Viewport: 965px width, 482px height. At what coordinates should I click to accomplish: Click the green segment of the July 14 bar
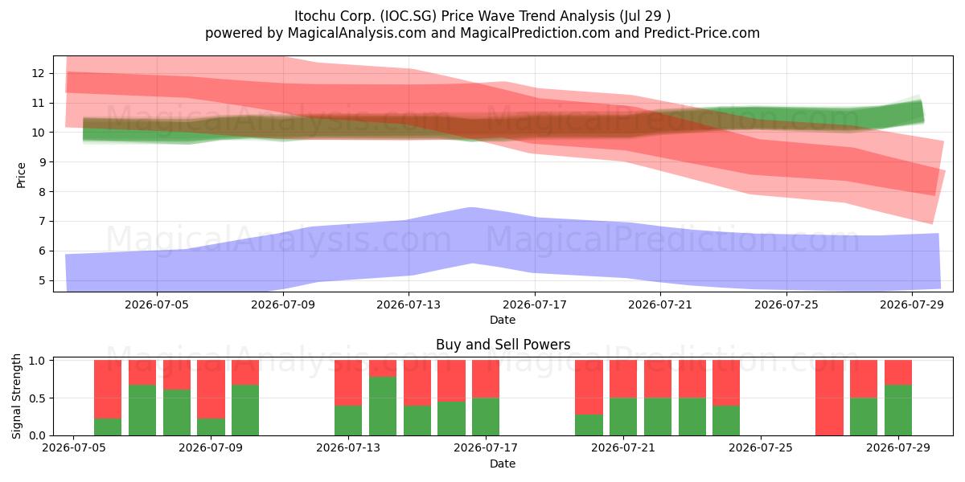click(x=383, y=406)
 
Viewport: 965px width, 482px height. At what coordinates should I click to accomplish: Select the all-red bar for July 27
click(x=829, y=398)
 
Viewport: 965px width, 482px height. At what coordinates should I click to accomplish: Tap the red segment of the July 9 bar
click(x=211, y=389)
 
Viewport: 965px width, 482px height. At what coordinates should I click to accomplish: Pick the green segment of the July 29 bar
click(x=898, y=411)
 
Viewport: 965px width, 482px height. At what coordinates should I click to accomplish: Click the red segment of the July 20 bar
click(x=589, y=387)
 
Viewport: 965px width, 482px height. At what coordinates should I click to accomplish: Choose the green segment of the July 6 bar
click(x=108, y=427)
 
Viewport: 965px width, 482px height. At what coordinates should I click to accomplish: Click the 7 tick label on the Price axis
click(x=42, y=222)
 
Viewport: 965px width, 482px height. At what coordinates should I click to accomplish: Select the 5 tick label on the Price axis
click(x=42, y=280)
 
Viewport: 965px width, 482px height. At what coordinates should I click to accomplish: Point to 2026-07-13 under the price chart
click(x=409, y=304)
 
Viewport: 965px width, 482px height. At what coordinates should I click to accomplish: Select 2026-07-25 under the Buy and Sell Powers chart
click(x=761, y=447)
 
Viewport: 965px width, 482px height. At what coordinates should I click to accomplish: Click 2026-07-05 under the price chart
click(x=157, y=304)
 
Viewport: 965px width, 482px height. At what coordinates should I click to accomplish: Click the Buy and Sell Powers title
click(x=503, y=345)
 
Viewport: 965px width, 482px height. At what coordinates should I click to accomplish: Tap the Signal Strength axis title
click(x=16, y=397)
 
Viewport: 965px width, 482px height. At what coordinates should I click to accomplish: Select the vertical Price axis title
click(x=21, y=176)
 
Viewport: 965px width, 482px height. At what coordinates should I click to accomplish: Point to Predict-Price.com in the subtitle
click(x=702, y=33)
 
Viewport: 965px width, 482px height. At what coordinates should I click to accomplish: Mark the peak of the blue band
click(x=472, y=207)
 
